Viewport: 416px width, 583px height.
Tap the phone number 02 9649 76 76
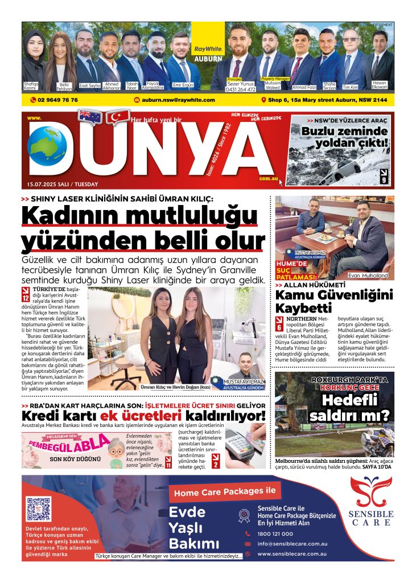point(54,100)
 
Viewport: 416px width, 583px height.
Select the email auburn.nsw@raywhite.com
point(174,100)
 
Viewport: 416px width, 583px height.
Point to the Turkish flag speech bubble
point(118,117)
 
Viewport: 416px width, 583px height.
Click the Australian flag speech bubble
point(90,117)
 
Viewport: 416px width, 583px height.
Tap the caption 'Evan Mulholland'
point(367,276)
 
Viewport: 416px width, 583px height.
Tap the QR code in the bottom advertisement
point(39,508)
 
